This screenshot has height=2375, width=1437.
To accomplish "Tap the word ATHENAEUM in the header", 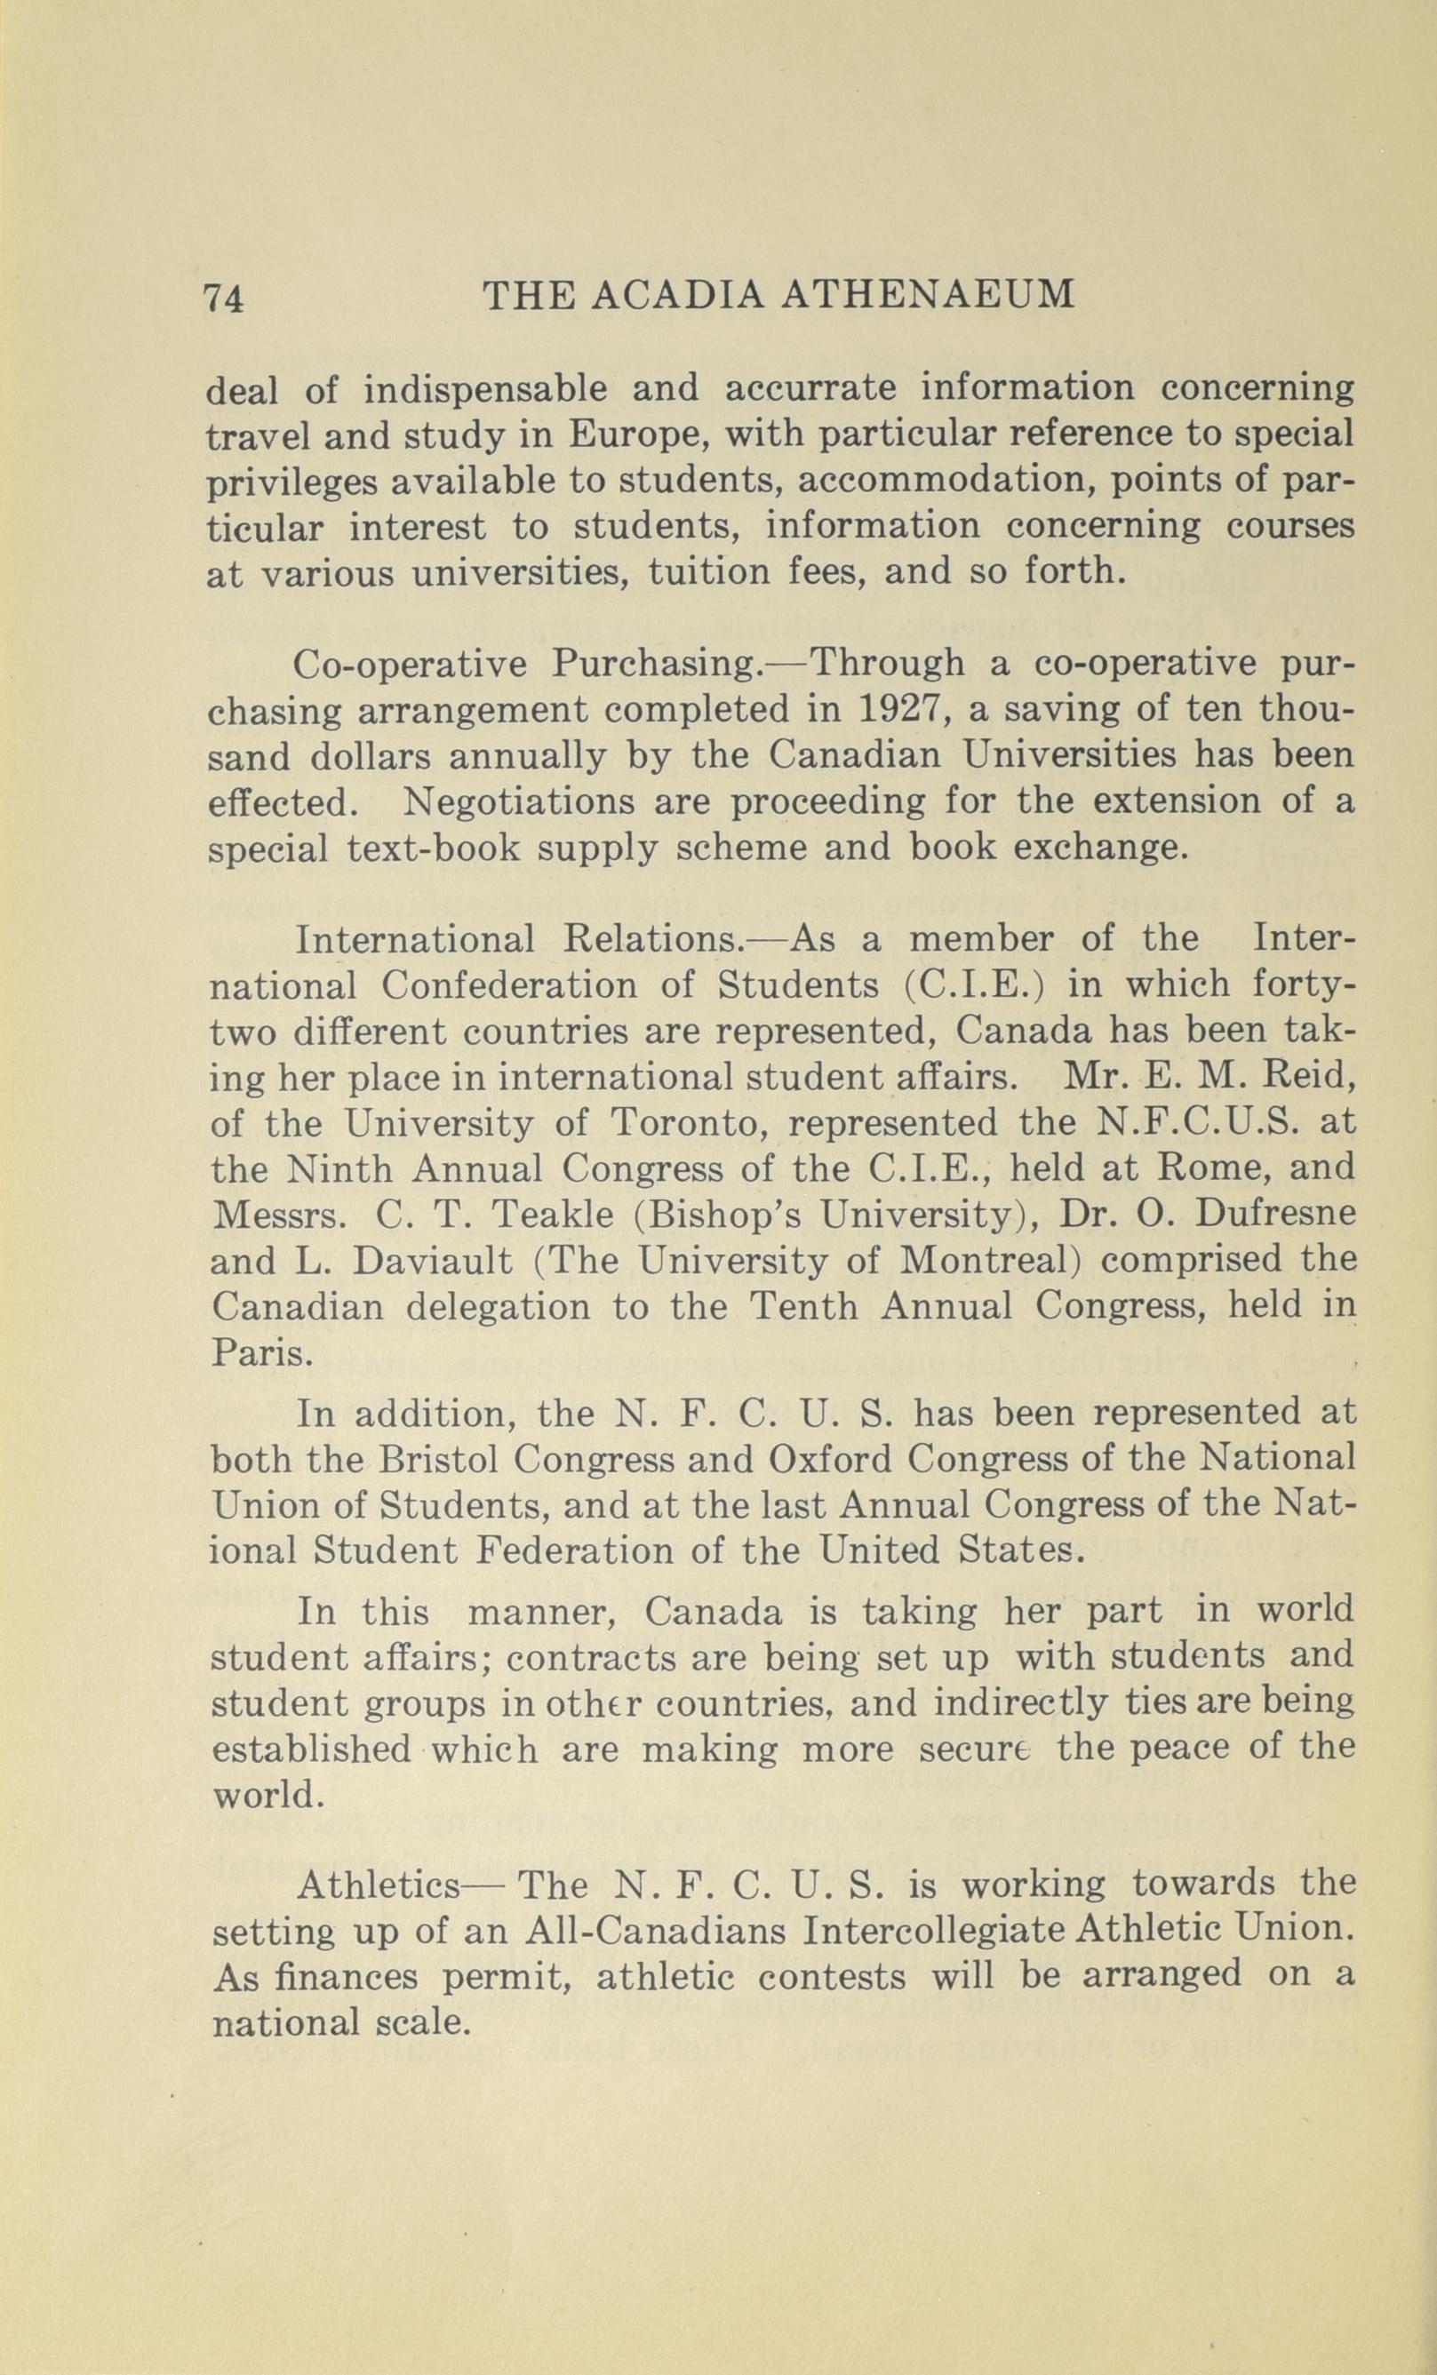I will coord(926,295).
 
